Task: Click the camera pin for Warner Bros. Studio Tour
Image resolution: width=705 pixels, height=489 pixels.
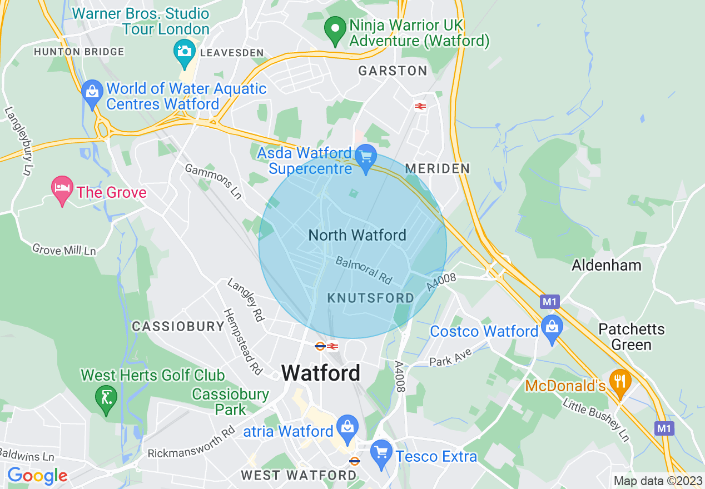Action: (184, 50)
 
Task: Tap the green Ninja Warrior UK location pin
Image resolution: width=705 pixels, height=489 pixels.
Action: (335, 30)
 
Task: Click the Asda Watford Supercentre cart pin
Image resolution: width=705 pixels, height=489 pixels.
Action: (366, 157)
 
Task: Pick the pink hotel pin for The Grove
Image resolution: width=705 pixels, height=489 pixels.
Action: (62, 189)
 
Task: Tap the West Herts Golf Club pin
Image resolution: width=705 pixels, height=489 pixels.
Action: (106, 398)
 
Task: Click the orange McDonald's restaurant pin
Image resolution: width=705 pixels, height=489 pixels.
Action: (620, 382)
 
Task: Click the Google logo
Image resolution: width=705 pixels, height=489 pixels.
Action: (37, 476)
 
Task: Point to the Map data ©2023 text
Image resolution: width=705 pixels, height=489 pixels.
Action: (657, 481)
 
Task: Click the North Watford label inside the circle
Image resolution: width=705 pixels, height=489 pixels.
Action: (357, 236)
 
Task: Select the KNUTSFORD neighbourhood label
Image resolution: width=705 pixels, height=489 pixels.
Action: (371, 298)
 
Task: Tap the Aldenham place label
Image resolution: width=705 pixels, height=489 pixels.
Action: (607, 265)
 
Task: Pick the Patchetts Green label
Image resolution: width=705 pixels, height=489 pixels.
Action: (631, 337)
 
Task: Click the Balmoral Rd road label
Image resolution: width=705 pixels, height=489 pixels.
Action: (364, 268)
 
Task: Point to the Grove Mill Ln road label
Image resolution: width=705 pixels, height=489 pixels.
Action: (64, 250)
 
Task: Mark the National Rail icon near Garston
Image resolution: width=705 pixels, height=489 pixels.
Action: (420, 106)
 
